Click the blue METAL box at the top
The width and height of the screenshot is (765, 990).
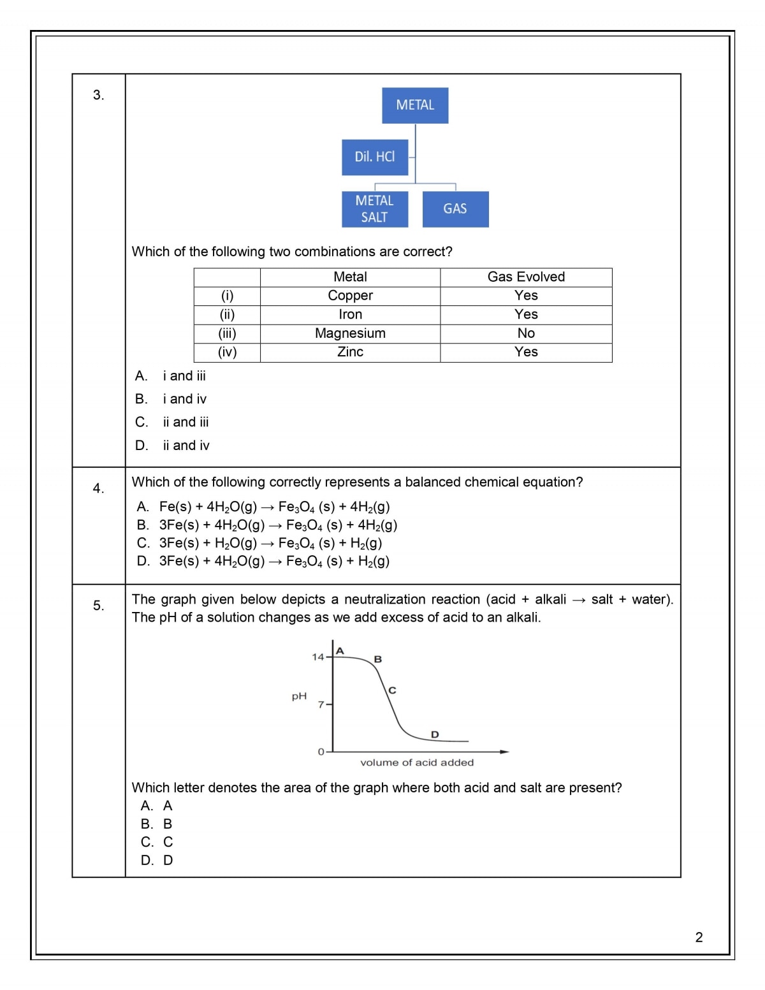415,105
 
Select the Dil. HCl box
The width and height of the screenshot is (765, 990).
375,157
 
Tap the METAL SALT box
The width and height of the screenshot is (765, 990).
374,209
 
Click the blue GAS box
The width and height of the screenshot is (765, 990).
455,209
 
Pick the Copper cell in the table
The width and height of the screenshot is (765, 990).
350,296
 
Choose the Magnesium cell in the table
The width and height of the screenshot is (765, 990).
350,333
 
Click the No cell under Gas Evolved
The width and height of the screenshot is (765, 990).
526,333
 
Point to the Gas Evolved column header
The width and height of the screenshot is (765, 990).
526,277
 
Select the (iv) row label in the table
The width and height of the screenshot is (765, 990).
227,352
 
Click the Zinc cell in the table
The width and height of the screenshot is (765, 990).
350,352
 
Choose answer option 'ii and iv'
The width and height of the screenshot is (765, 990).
186,446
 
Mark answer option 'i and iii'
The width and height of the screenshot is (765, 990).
184,376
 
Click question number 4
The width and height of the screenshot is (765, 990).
98,488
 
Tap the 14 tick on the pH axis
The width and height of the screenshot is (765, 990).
318,657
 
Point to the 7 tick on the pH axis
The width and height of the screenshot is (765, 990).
321,704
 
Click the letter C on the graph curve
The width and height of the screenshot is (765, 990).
392,690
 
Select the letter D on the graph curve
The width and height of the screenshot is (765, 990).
435,734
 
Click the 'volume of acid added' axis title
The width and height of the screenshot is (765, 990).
417,762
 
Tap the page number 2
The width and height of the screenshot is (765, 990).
699,937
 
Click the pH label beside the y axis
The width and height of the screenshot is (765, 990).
299,696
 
